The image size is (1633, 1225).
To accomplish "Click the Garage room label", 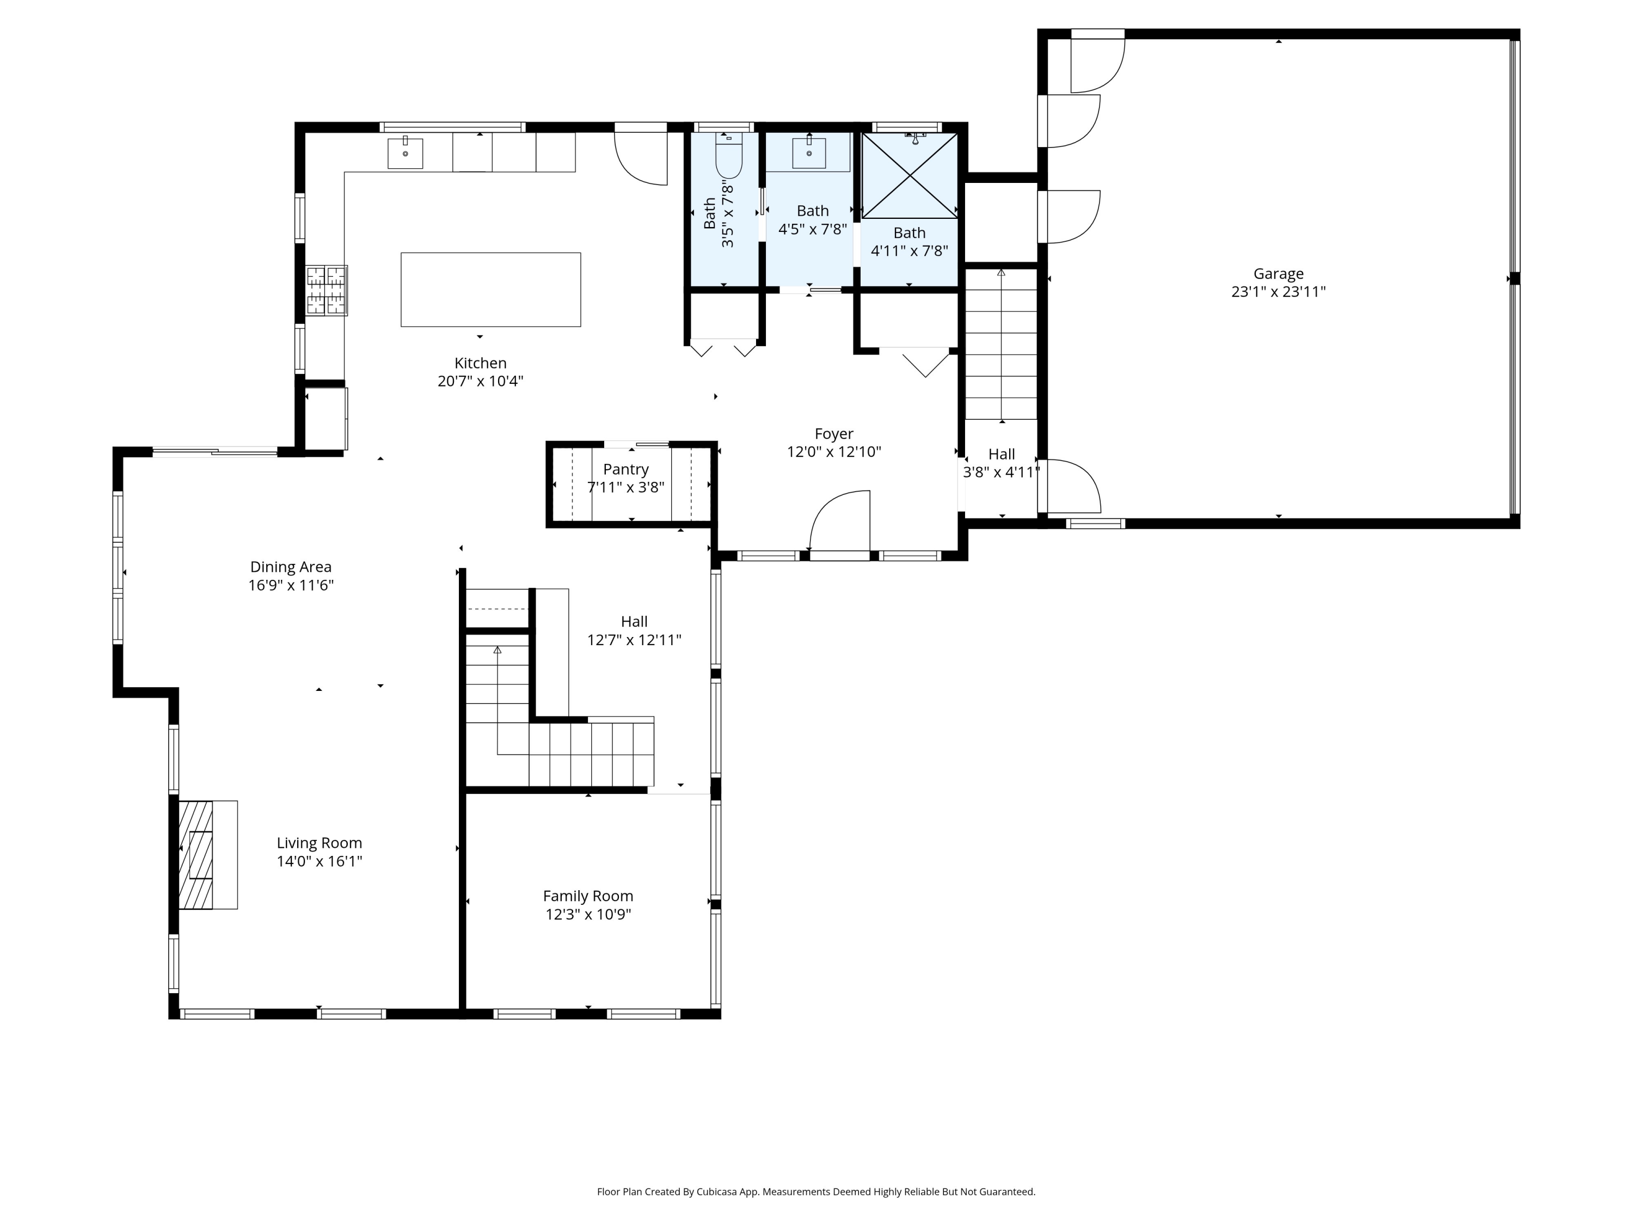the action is point(1278,273).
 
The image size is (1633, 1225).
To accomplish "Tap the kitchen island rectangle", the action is point(491,290).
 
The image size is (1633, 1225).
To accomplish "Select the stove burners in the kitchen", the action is point(326,290).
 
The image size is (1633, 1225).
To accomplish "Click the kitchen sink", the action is point(406,153).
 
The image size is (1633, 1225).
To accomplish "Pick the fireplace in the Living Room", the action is point(208,854).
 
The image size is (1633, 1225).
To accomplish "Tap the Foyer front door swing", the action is point(840,520).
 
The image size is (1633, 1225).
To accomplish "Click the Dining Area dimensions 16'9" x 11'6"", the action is point(291,585).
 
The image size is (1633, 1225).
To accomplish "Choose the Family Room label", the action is point(588,896).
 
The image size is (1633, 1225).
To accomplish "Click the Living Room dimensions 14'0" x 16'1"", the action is point(320,861).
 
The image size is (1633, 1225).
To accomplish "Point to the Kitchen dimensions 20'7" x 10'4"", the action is point(481,381).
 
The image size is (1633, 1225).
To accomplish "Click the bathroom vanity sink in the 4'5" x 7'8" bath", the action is point(809,153).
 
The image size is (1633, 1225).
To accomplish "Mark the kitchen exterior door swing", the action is point(641,158).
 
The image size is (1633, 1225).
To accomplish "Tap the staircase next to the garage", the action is point(1001,345).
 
